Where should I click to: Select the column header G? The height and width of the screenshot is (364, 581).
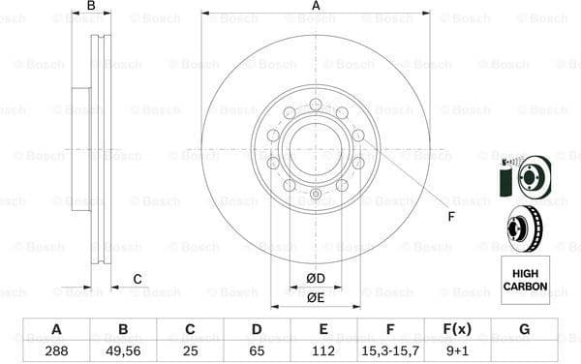click(524, 329)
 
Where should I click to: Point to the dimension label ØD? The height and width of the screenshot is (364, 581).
click(316, 279)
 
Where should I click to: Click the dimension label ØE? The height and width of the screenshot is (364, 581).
click(316, 297)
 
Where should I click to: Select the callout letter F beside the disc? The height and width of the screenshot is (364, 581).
click(451, 216)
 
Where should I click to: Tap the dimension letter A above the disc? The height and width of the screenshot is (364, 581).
click(316, 7)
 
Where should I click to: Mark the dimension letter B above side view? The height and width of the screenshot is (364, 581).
click(91, 7)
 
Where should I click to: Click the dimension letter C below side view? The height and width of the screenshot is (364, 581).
click(137, 280)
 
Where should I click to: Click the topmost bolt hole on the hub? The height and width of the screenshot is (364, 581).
click(316, 105)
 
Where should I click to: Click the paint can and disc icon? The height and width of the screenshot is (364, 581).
click(524, 178)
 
